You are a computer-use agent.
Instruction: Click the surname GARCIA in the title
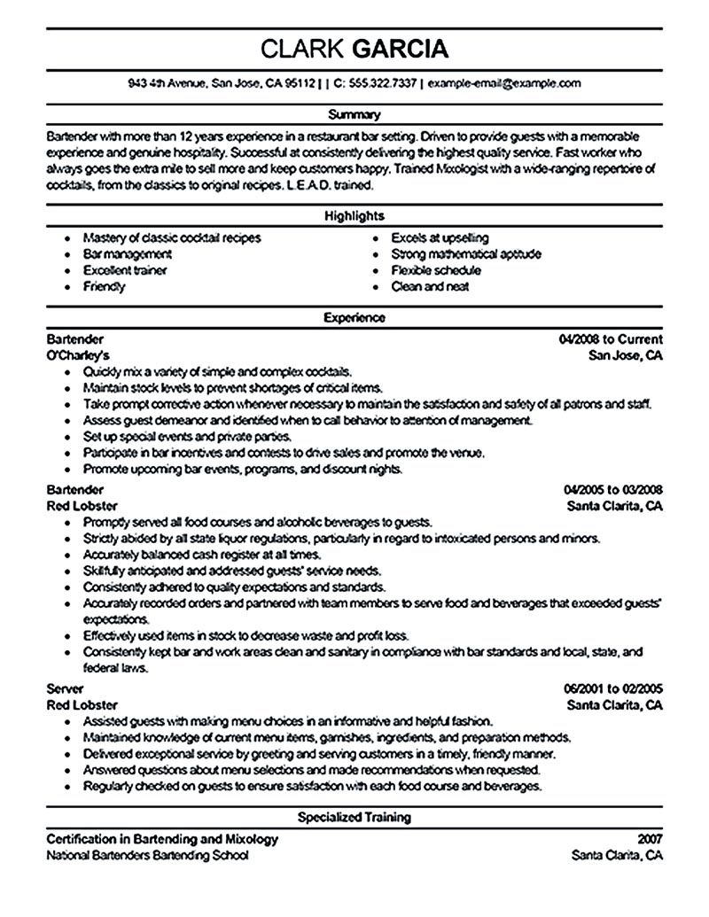pos(401,47)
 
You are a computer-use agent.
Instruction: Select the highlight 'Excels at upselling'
pos(440,238)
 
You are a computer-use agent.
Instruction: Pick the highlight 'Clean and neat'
pos(430,286)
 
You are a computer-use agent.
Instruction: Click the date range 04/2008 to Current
pos(611,339)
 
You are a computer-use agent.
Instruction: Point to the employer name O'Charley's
pos(79,355)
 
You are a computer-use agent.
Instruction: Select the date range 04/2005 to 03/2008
pos(612,489)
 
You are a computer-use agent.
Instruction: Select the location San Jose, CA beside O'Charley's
pos(626,355)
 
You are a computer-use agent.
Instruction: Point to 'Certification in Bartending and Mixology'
pos(161,839)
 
